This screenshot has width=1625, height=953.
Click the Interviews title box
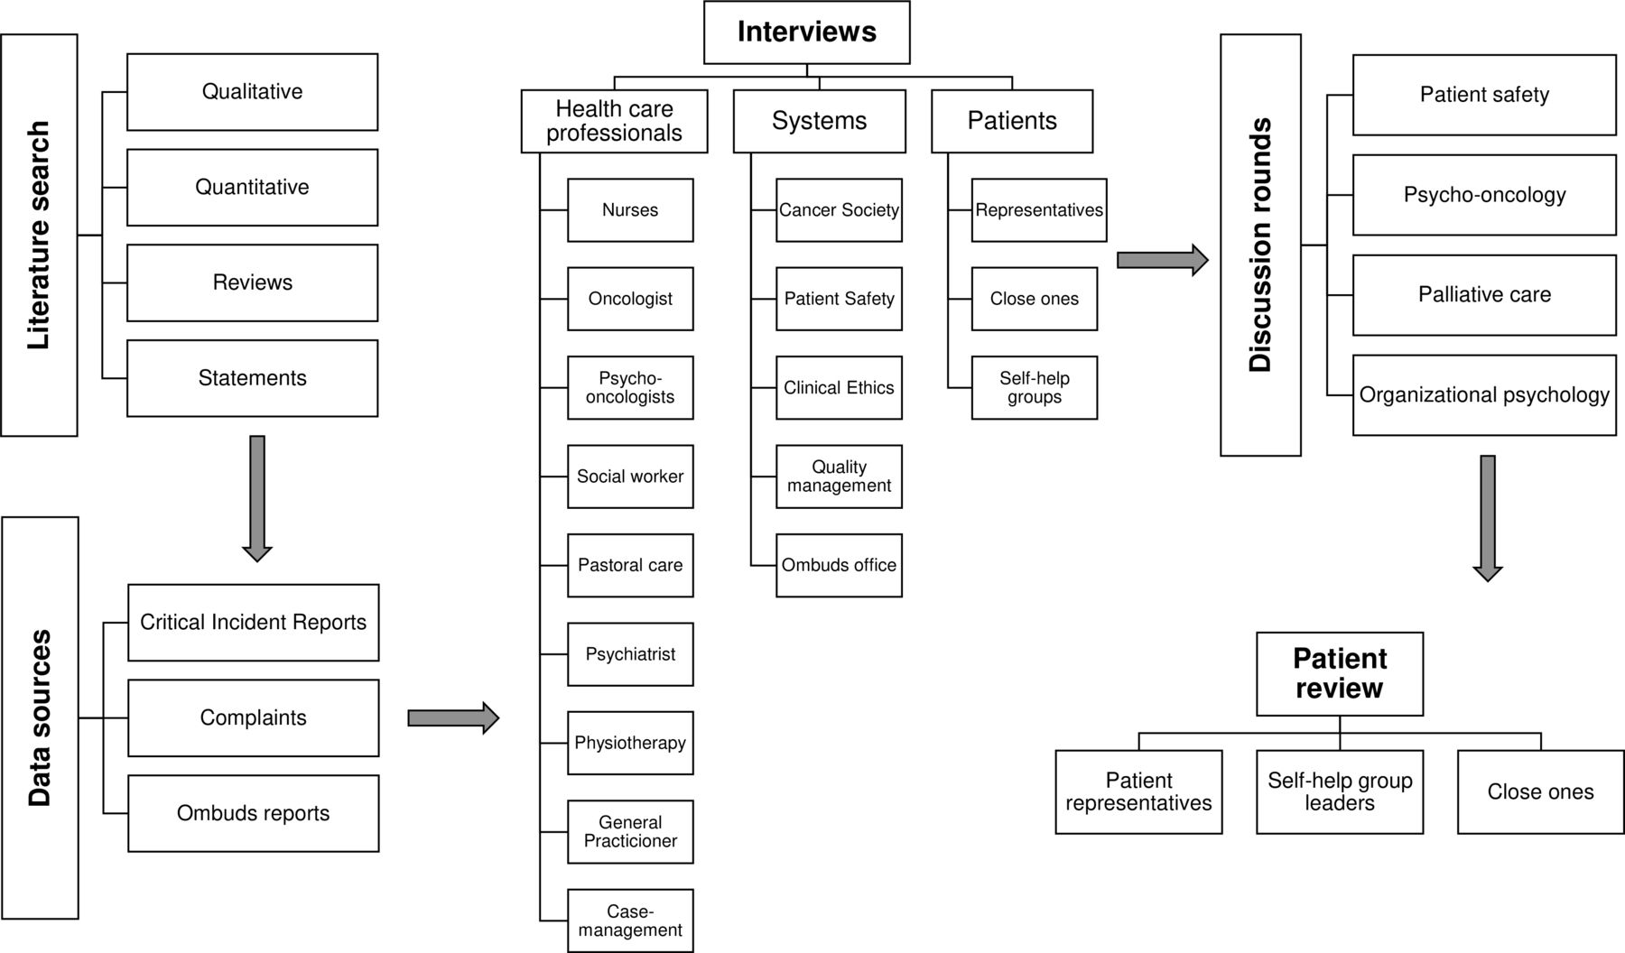806,32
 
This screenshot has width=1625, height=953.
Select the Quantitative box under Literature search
252,187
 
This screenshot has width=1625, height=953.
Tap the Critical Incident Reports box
253,623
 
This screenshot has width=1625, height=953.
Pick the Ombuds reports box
253,813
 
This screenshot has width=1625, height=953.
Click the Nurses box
630,210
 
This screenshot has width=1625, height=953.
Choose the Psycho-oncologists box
630,388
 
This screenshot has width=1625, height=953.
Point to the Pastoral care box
630,566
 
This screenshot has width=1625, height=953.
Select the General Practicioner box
630,832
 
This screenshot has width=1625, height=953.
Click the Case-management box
630,921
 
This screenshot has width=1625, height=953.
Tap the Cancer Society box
839,210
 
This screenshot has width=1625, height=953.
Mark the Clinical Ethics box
839,388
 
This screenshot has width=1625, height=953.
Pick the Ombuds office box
839,566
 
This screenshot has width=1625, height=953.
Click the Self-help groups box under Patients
1035,388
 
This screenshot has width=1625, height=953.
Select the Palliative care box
1484,295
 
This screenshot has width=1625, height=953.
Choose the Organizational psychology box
1484,395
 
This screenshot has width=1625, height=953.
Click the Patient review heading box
1340,674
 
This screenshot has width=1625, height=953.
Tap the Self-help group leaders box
1340,792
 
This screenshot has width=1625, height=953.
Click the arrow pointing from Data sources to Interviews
453,718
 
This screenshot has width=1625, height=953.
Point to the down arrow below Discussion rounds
1488,518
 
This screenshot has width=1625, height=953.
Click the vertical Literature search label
39,236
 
